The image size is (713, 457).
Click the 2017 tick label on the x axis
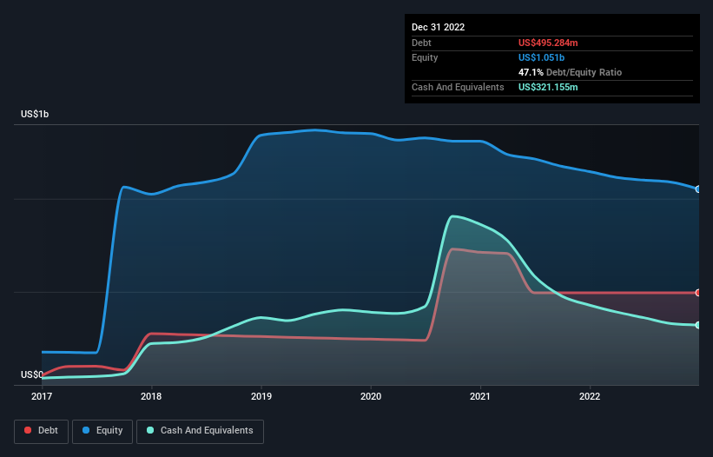tap(42, 397)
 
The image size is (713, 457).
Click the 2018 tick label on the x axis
tap(151, 397)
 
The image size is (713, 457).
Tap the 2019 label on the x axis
tap(261, 397)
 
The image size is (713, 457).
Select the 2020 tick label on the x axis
tap(371, 397)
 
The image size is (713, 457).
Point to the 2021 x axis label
tap(480, 397)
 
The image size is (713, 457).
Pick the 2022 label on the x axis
tap(590, 397)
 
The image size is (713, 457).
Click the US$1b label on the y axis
tap(35, 115)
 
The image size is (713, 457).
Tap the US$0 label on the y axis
tap(31, 375)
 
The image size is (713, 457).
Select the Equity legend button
tap(102, 431)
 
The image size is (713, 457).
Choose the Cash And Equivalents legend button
tap(200, 431)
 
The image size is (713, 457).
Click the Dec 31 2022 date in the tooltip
tap(439, 27)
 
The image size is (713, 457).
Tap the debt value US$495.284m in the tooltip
tap(555, 43)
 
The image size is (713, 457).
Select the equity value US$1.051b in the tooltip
tap(545, 57)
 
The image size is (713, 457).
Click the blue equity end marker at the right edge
tap(698, 189)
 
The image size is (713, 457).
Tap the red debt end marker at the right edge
tap(698, 293)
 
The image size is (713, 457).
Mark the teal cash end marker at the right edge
tap(698, 325)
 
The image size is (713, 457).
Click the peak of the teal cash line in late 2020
tap(452, 216)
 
